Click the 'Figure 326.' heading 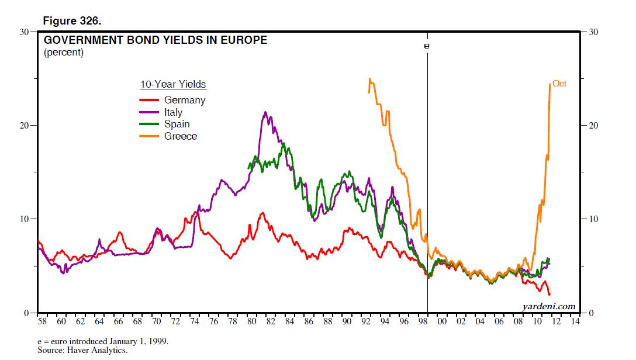[x=72, y=20]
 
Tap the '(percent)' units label [x=64, y=53]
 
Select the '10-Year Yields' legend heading [x=173, y=85]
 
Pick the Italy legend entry [x=173, y=112]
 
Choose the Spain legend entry [x=177, y=124]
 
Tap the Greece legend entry [x=180, y=136]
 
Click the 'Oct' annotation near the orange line [x=559, y=84]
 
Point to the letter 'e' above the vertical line [x=427, y=45]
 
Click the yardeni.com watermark [x=548, y=306]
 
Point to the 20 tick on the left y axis [x=26, y=126]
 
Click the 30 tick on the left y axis [x=26, y=32]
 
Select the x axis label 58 [x=43, y=322]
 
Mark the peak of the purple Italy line [x=265, y=112]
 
